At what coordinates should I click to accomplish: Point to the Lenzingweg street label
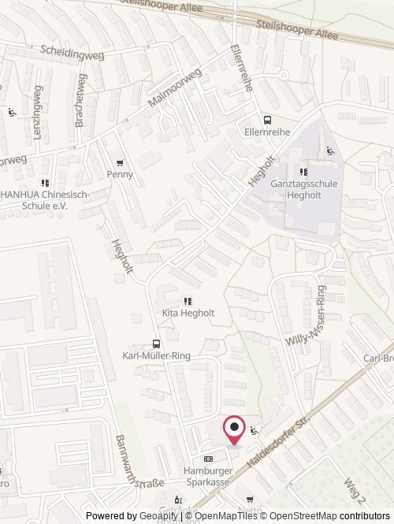(36, 117)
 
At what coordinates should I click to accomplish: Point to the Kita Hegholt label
(188, 313)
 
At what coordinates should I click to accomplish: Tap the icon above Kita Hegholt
(188, 300)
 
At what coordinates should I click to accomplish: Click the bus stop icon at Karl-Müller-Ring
(156, 344)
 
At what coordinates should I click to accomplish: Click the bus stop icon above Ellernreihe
(267, 121)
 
